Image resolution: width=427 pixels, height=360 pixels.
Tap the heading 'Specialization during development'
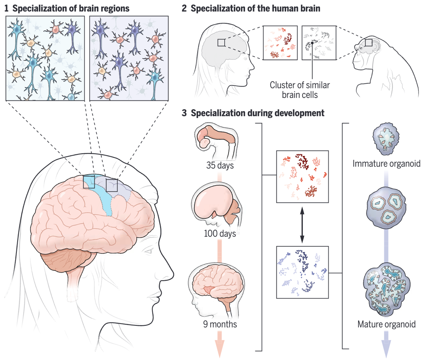(x=257, y=113)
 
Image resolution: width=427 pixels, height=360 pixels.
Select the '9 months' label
(x=220, y=324)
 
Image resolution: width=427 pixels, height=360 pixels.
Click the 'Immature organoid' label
(x=387, y=164)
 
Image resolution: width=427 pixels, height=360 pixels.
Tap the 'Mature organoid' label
(x=386, y=323)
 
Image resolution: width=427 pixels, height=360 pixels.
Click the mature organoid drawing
(x=386, y=287)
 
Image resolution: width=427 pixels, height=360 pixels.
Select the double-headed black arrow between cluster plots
(x=302, y=224)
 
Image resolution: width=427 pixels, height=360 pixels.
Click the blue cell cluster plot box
(x=302, y=272)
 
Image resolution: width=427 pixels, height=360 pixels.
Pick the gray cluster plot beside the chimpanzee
(x=318, y=43)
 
